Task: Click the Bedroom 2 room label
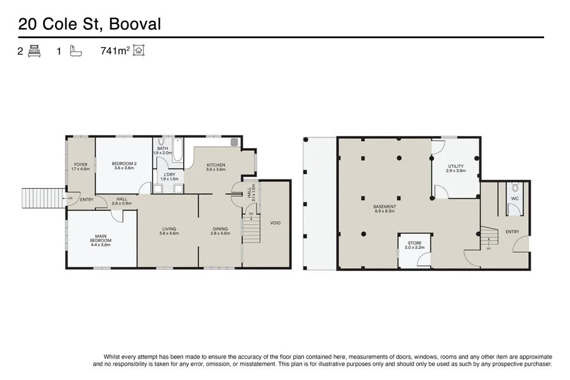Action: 124,163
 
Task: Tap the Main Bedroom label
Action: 101,238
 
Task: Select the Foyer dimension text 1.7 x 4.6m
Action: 80,168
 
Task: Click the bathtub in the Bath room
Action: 177,149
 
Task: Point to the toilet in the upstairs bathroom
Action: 161,142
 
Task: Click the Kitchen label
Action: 216,165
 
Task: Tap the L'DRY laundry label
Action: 169,175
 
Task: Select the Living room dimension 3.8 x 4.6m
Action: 169,234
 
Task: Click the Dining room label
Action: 220,229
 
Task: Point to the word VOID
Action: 275,223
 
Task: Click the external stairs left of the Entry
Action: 43,198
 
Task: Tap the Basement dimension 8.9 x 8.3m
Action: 384,211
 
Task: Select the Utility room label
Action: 456,166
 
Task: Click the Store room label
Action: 414,243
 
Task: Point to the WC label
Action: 515,198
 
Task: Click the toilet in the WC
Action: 515,188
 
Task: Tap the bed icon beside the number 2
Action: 34,51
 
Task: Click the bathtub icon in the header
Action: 75,51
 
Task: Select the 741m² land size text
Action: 115,51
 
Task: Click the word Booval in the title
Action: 135,24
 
